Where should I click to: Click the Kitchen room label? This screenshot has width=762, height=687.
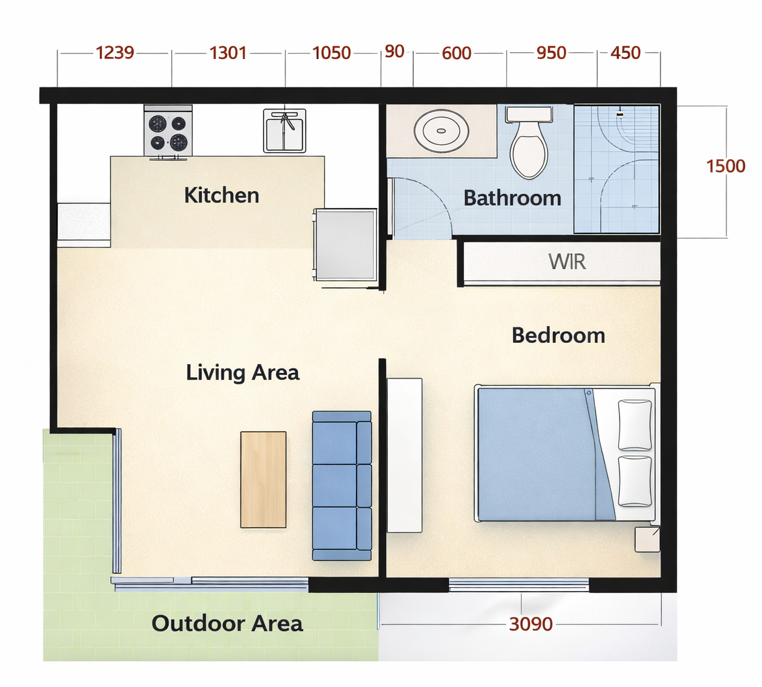pos(222,195)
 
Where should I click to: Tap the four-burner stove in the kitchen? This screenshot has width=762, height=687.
pos(168,131)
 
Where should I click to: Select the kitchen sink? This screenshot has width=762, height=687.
pos(285,131)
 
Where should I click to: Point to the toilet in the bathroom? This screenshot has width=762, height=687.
pos(529,142)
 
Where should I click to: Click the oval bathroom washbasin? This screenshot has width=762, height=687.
pos(441,131)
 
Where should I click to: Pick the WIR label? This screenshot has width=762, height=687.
pos(567,262)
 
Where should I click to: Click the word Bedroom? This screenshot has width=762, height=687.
pos(559,335)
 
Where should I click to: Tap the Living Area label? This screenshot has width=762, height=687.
pos(242,373)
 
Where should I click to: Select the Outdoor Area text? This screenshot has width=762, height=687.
pos(227,623)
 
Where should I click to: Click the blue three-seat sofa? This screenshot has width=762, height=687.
pos(342,486)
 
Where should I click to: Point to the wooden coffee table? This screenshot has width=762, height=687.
pos(263,480)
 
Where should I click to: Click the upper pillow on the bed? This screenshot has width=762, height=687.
pos(634,425)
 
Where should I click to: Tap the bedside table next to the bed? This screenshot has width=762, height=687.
pos(647,539)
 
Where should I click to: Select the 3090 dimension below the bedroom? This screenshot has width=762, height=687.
pos(530,624)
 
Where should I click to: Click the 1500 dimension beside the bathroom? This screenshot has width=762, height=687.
pos(726,166)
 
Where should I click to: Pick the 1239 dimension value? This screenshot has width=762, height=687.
pos(115,52)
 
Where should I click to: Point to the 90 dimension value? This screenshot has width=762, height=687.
pos(394,51)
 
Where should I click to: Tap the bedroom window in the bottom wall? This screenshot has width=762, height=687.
pos(518,585)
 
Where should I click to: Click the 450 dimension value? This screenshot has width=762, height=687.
pos(626,52)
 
